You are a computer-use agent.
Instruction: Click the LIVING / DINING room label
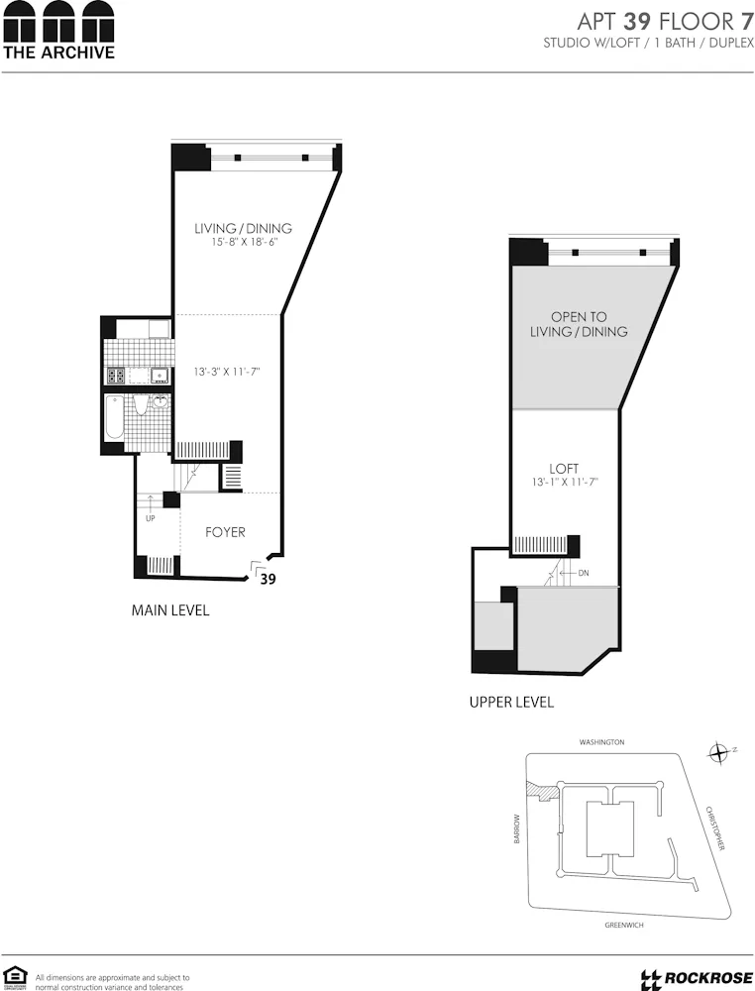tap(243, 228)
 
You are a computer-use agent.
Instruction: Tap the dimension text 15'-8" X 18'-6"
tap(243, 243)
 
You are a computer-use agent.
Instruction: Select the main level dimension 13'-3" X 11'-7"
tap(227, 373)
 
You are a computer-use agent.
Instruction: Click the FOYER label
tap(225, 532)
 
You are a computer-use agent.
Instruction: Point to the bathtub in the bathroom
tap(113, 418)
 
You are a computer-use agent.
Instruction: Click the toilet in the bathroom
tap(141, 405)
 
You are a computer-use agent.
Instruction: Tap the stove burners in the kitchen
tap(115, 376)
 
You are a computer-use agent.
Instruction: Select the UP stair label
tap(150, 518)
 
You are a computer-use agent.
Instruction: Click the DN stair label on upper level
tap(583, 573)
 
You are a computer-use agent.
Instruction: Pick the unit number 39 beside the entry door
tap(268, 581)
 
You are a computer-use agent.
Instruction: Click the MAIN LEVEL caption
tap(170, 610)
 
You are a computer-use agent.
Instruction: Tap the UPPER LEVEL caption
tap(511, 703)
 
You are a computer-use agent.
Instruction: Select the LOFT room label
tap(564, 468)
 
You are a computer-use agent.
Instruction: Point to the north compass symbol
tap(719, 753)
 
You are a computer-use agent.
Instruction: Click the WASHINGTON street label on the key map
tap(601, 741)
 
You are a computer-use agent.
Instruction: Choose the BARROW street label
tap(516, 829)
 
